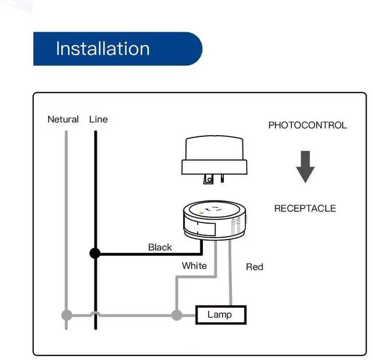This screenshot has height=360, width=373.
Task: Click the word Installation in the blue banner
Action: [103, 48]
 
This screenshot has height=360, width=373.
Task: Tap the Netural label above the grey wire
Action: [63, 119]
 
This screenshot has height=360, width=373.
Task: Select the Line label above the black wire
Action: [98, 119]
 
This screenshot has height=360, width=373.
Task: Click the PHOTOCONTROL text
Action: [307, 125]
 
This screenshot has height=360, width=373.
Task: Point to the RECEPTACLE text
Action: [305, 209]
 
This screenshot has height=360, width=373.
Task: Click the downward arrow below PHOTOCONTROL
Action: [305, 166]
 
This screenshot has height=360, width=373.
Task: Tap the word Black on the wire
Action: [160, 247]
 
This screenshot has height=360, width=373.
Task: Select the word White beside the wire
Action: [194, 266]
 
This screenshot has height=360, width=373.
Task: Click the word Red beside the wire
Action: [255, 267]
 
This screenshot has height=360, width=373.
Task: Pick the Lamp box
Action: [220, 315]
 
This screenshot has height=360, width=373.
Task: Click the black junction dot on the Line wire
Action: [95, 253]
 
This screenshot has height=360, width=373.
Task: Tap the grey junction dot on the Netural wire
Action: [67, 315]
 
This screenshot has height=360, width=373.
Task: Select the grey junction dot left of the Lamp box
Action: [176, 315]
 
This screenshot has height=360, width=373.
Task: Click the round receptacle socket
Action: [214, 221]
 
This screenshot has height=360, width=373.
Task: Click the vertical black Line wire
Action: [95, 186]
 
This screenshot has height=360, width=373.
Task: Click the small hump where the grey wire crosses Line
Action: [95, 314]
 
